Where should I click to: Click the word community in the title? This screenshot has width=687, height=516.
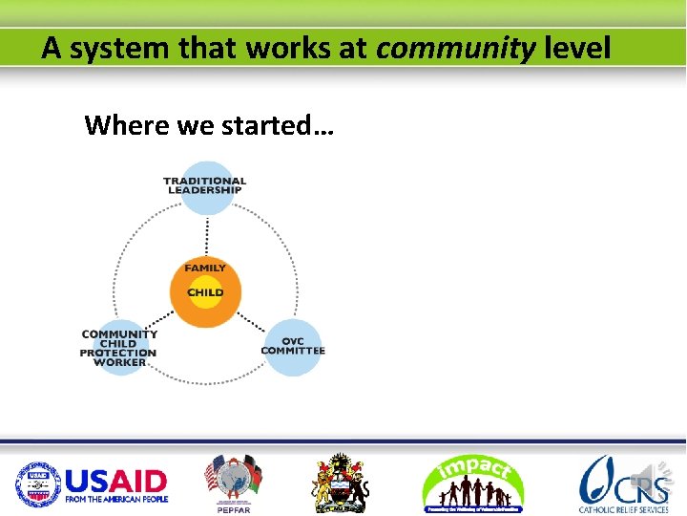tap(455, 48)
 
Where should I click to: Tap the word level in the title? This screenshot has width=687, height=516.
tap(576, 48)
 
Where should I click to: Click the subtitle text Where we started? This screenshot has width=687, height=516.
tap(208, 125)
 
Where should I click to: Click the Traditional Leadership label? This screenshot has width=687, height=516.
tap(204, 184)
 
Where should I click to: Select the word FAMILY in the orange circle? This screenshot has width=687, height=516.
tap(205, 269)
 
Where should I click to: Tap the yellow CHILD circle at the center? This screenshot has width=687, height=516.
tap(205, 291)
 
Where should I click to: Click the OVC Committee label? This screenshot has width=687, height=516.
tap(293, 345)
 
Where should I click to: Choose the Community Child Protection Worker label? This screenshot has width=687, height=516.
tap(119, 348)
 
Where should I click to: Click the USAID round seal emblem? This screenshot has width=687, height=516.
tap(37, 483)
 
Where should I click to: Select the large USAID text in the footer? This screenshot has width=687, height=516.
tap(115, 479)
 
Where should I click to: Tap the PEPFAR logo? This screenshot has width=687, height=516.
tap(233, 483)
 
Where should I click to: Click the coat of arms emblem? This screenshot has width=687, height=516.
tap(341, 483)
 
